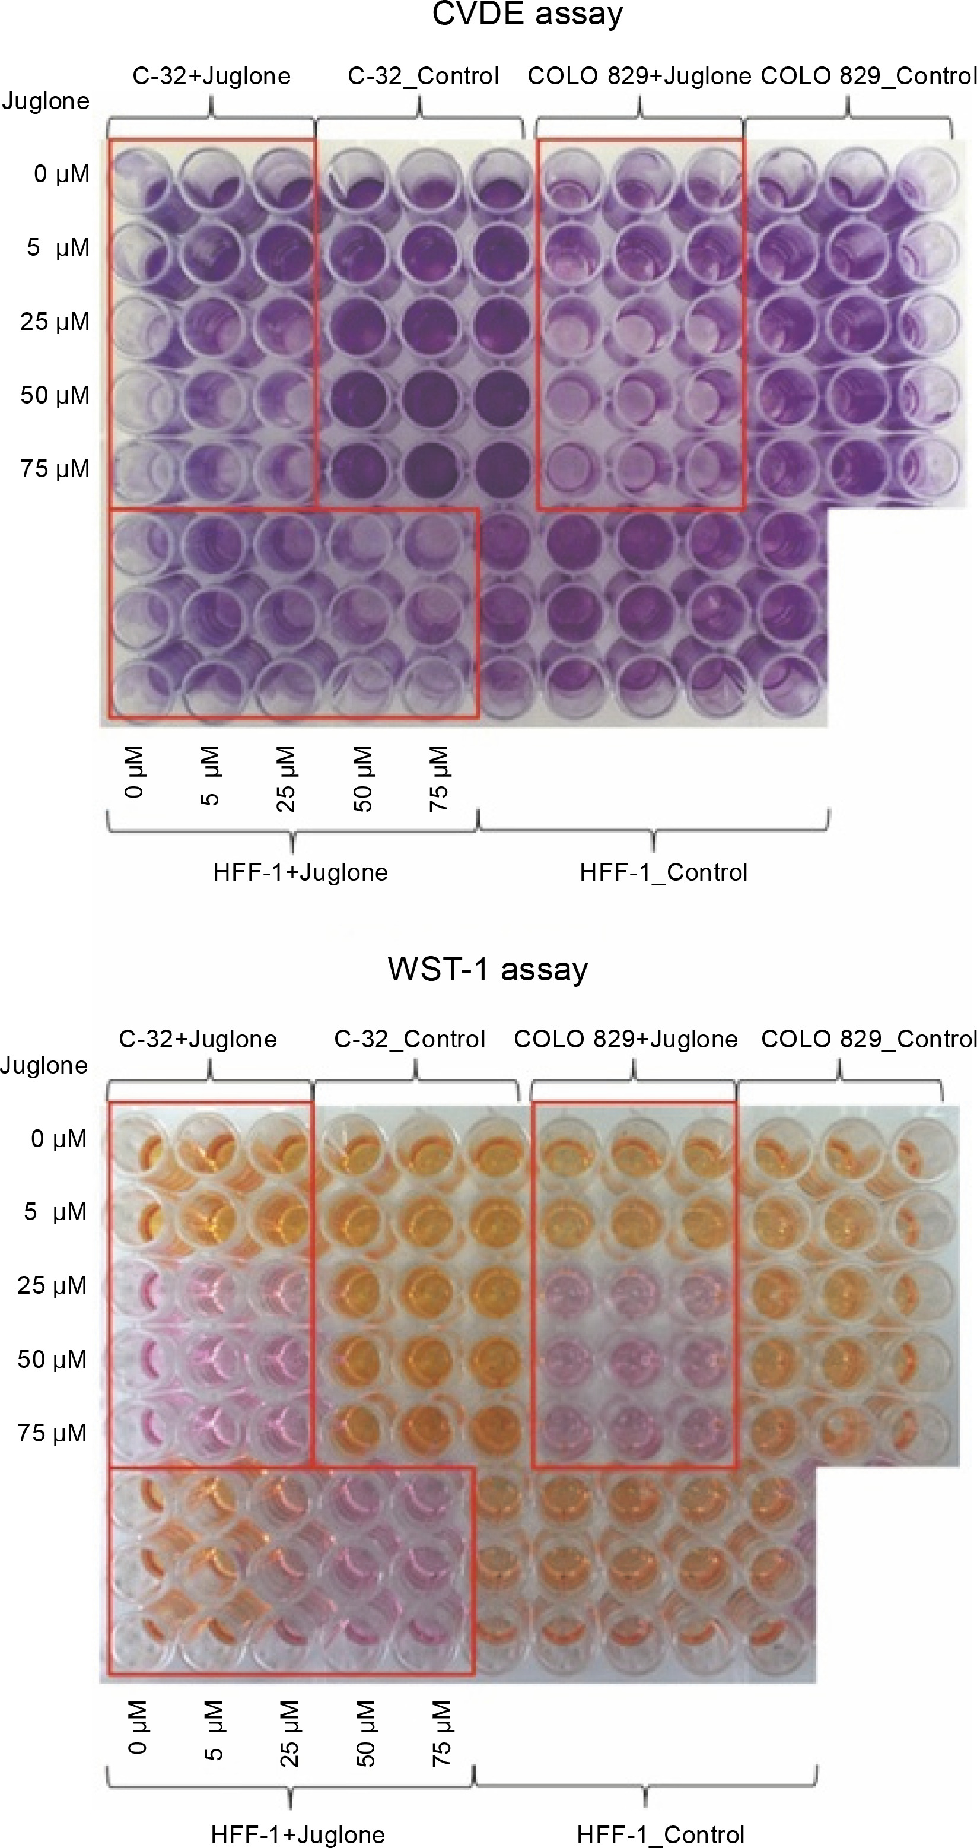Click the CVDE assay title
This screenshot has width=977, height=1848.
tap(527, 14)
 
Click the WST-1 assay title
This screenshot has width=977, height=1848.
tap(488, 969)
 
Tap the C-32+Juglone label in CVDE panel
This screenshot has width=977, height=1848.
tap(212, 76)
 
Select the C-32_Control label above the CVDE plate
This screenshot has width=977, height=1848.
tap(423, 76)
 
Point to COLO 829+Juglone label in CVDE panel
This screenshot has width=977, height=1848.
tap(639, 76)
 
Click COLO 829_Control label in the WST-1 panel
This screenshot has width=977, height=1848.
tap(868, 1039)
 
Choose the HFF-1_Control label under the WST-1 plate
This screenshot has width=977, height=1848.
tap(661, 1834)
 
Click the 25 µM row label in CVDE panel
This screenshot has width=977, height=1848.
tap(55, 322)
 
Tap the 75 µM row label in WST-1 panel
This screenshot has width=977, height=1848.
tap(52, 1433)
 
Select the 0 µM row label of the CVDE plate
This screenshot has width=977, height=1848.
tap(62, 174)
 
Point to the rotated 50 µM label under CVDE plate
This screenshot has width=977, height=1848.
tap(362, 779)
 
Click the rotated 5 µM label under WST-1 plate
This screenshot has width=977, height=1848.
tap(213, 1733)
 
